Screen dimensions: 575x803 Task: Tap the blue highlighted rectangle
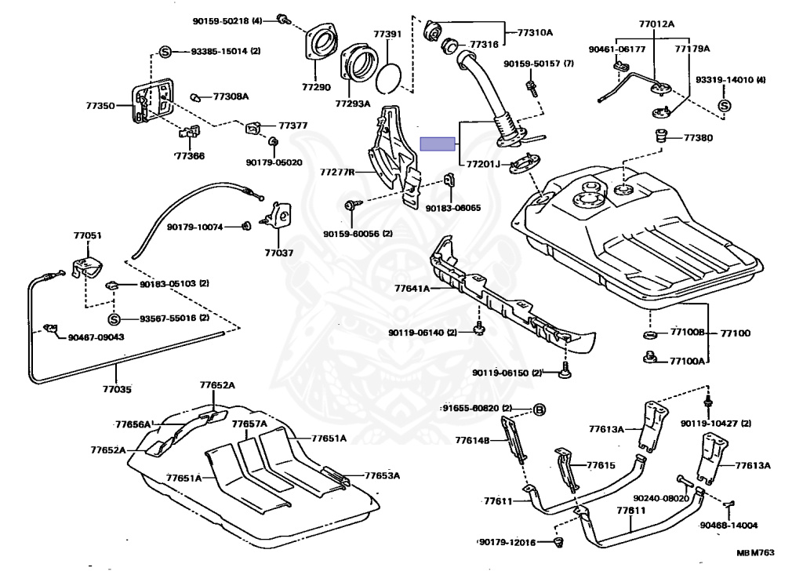(x=438, y=144)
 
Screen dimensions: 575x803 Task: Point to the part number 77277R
(x=338, y=171)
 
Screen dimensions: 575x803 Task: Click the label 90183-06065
(x=453, y=208)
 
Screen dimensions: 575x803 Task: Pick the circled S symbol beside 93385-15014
(x=165, y=51)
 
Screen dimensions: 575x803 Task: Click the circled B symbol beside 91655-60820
(x=540, y=409)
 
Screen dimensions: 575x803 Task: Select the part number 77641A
(x=412, y=289)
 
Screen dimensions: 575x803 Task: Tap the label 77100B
(x=688, y=333)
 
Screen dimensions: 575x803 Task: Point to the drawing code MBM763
(x=754, y=552)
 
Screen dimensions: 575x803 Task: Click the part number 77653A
(x=380, y=475)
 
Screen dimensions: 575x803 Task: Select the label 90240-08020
(x=660, y=497)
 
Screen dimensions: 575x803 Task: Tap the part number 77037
(x=278, y=253)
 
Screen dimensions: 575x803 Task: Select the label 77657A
(x=249, y=424)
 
